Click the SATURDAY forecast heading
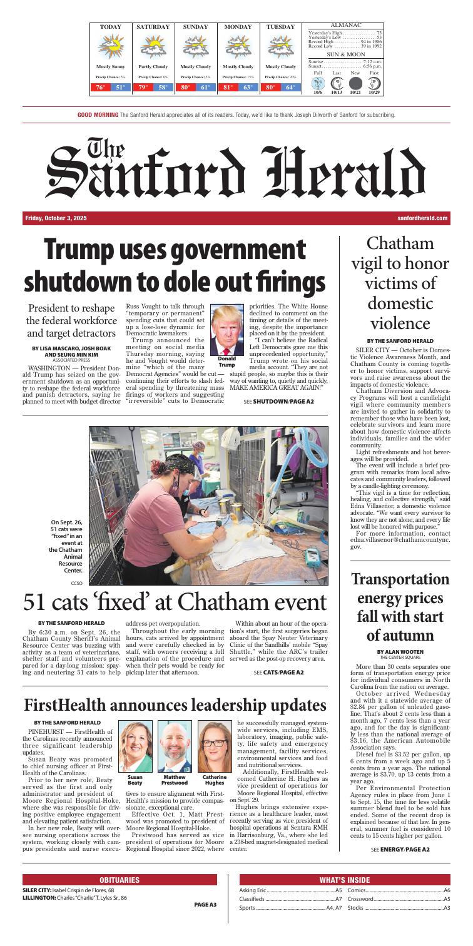point(153,27)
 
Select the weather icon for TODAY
point(111,46)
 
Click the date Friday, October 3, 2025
point(56,218)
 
